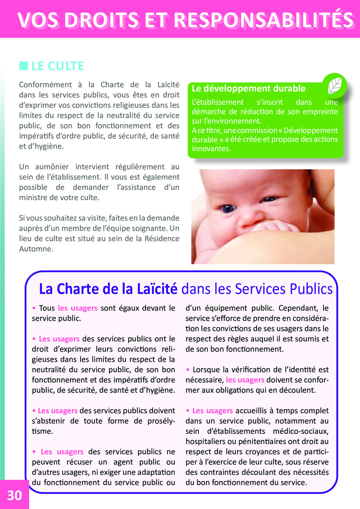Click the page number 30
tap(14, 495)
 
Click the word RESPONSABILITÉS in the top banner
tap(263, 20)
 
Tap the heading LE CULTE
tap(58, 66)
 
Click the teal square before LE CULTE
tap(23, 66)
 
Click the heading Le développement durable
tap(248, 89)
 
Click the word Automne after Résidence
tap(36, 249)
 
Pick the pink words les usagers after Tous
tap(78, 308)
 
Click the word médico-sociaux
tap(300, 431)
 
